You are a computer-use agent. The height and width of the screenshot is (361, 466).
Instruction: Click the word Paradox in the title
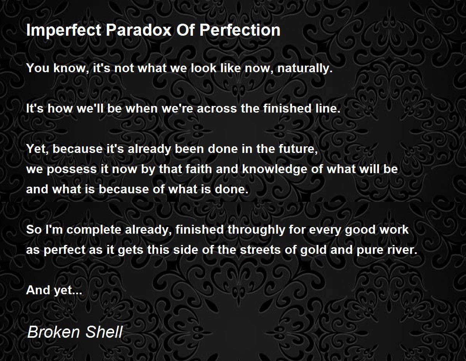point(139,30)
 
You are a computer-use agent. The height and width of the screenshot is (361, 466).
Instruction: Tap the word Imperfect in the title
point(64,30)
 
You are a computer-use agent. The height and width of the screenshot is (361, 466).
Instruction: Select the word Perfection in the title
point(240,30)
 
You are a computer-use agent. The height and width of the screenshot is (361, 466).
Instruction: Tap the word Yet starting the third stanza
point(36,149)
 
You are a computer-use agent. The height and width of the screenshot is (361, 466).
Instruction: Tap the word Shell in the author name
point(104,332)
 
